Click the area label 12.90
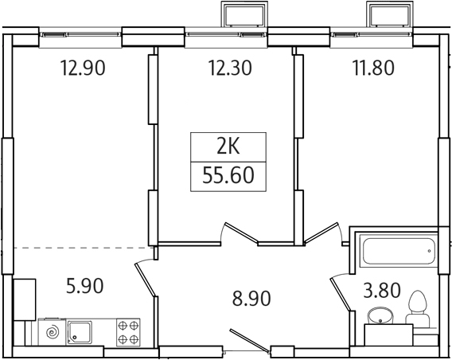83,68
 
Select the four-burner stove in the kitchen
128,331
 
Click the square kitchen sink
80,331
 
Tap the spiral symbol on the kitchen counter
50,331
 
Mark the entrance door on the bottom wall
248,338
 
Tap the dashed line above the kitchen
80,248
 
